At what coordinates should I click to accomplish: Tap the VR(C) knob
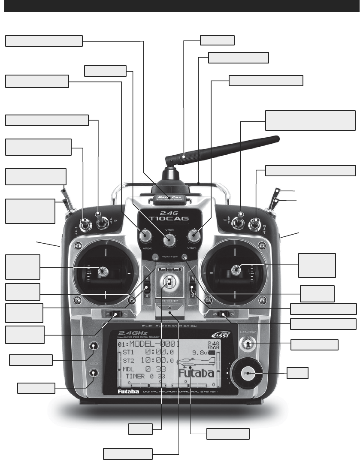pos(194,235)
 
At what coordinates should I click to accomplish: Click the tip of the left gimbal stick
pos(103,271)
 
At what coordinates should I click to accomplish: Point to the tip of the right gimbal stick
pos(236,270)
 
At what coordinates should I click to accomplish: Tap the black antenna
pos(223,148)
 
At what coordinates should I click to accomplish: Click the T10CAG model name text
pos(169,218)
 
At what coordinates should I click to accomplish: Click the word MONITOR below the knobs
pos(169,257)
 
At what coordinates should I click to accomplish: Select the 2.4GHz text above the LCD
pos(134,332)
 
